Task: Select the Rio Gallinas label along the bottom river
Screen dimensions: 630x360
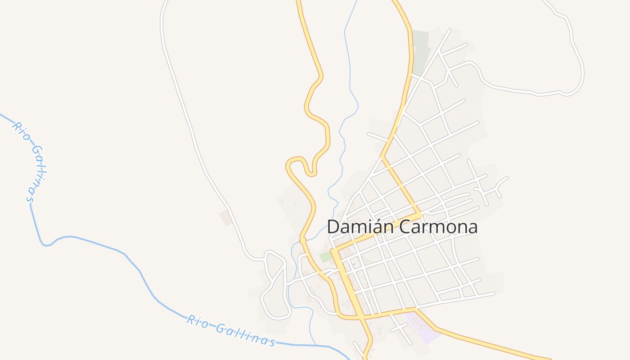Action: [x=230, y=331]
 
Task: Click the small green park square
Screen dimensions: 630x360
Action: [x=325, y=257]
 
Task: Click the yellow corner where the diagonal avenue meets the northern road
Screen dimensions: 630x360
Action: [x=418, y=215]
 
